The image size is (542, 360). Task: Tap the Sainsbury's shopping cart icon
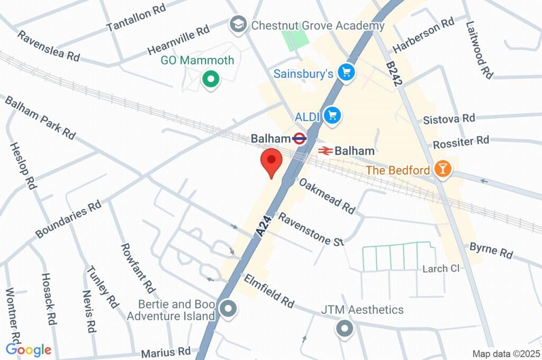click(x=347, y=73)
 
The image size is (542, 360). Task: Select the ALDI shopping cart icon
click(x=332, y=115)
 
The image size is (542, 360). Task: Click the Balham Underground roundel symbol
click(x=300, y=139)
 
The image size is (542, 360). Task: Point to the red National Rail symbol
click(x=325, y=151)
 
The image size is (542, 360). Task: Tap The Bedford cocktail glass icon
click(x=441, y=169)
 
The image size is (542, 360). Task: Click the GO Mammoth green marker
click(x=211, y=80)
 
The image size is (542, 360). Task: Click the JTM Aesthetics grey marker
click(x=345, y=328)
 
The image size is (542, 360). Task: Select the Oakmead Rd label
click(x=327, y=195)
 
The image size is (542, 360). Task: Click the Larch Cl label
click(x=440, y=268)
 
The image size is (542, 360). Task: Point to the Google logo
click(x=29, y=349)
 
